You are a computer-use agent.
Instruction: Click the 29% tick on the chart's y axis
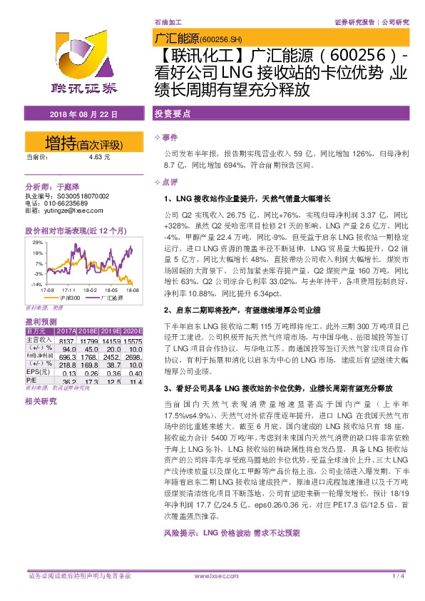click(x=37, y=243)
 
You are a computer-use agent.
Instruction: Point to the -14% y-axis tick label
click(x=36, y=284)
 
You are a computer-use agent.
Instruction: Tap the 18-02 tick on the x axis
click(x=90, y=291)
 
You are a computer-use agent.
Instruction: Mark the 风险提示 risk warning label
click(x=183, y=552)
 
